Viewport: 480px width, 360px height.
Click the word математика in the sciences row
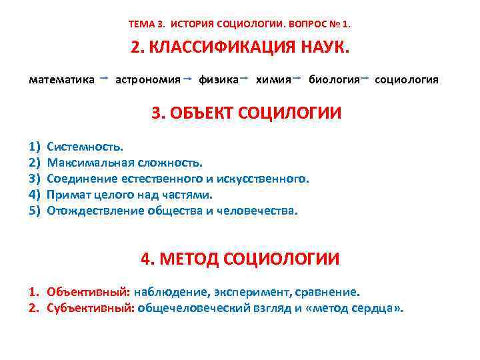click(x=61, y=80)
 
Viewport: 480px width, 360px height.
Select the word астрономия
click(x=148, y=80)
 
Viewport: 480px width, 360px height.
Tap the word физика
click(x=219, y=80)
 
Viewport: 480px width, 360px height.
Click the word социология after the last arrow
click(x=407, y=80)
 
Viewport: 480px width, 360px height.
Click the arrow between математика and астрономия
click(x=105, y=79)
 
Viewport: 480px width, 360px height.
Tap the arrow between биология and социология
click(x=365, y=79)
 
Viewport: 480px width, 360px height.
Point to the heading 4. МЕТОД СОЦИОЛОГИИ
click(x=240, y=259)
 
